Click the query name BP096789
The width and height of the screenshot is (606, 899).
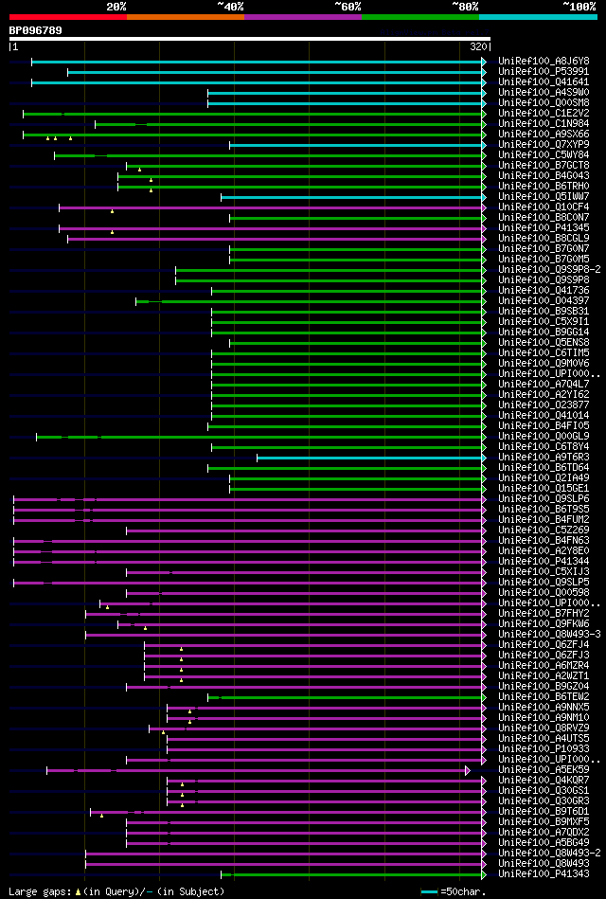[x=35, y=30]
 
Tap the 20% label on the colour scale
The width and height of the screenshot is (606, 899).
[x=116, y=6]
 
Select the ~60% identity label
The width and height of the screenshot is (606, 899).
[x=348, y=6]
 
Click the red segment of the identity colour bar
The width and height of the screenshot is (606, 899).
[x=66, y=16]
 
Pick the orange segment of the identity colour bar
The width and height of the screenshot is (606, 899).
[x=185, y=16]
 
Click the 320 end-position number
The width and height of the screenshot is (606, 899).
[x=478, y=45]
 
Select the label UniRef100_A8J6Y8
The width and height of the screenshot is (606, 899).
[x=544, y=61]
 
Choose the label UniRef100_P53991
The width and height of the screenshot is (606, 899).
[x=544, y=71]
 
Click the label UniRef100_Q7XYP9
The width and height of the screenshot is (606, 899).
[x=544, y=144]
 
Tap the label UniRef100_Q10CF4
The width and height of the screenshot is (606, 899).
[x=544, y=207]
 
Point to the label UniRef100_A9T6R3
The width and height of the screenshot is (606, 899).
[x=544, y=457]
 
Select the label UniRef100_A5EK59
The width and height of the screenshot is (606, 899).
[x=544, y=769]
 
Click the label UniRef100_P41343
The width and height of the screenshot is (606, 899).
[x=544, y=873]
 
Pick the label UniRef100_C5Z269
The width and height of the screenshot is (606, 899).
[x=544, y=530]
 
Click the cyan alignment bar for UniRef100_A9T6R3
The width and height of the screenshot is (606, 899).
[x=369, y=457]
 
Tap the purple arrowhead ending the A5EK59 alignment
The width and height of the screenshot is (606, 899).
[x=468, y=770]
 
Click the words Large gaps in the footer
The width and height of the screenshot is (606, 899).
[x=39, y=891]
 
